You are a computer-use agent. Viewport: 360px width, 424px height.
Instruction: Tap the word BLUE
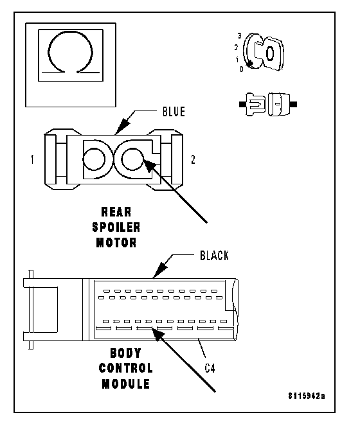[x=174, y=112]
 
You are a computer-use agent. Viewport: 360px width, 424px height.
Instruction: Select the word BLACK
[x=214, y=256]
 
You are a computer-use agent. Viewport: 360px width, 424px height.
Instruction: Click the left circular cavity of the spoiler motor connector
[x=94, y=159]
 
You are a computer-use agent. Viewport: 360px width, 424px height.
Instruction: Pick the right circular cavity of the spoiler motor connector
[x=132, y=159]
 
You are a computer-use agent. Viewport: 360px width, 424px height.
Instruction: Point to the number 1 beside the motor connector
[x=33, y=159]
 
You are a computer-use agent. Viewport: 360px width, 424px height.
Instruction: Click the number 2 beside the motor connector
[x=193, y=159]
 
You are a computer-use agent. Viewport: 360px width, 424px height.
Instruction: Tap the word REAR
[x=116, y=212]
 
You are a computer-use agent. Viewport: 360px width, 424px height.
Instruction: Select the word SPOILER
[x=116, y=227]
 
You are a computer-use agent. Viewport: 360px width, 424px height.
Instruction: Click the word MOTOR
[x=116, y=243]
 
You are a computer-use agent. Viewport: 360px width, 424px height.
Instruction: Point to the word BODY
[x=125, y=353]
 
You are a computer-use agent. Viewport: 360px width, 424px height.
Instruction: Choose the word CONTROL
[x=126, y=368]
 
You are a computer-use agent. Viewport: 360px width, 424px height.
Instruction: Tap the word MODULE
[x=126, y=384]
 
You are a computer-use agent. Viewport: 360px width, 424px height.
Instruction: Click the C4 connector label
[x=210, y=368]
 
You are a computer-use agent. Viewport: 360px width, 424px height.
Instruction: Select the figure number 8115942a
[x=307, y=396]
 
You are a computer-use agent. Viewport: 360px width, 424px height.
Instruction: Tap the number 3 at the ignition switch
[x=240, y=36]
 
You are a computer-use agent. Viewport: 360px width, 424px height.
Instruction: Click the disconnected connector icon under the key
[x=268, y=104]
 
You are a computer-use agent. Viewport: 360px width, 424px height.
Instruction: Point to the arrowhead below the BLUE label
[x=122, y=126]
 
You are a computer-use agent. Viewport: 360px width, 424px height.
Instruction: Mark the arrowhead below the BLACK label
[x=160, y=270]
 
